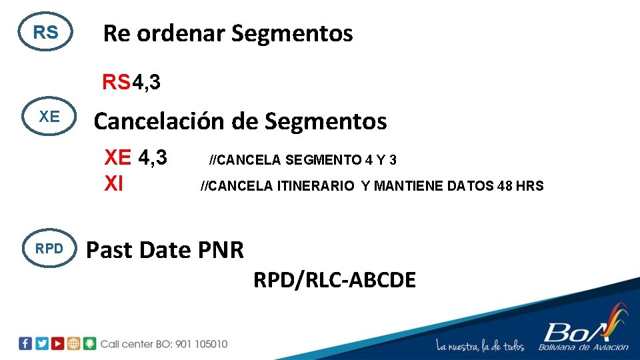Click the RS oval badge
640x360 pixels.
coord(46,32)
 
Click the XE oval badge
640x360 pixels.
coord(49,117)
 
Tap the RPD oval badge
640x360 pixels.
coord(49,249)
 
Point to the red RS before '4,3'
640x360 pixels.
coord(116,83)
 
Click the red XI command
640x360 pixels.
coord(114,183)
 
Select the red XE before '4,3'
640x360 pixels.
coord(118,157)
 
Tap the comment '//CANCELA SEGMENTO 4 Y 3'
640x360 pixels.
coord(303,160)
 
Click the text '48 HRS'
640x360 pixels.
coord(521,186)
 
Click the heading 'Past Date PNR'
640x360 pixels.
coord(165,250)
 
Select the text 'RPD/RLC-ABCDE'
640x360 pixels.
coord(334,280)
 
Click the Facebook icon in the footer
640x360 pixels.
coord(25,343)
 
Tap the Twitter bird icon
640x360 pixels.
coord(42,343)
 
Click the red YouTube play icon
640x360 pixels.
coord(58,343)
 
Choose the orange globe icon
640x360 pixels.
coord(74,343)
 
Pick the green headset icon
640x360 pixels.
coord(90,343)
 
